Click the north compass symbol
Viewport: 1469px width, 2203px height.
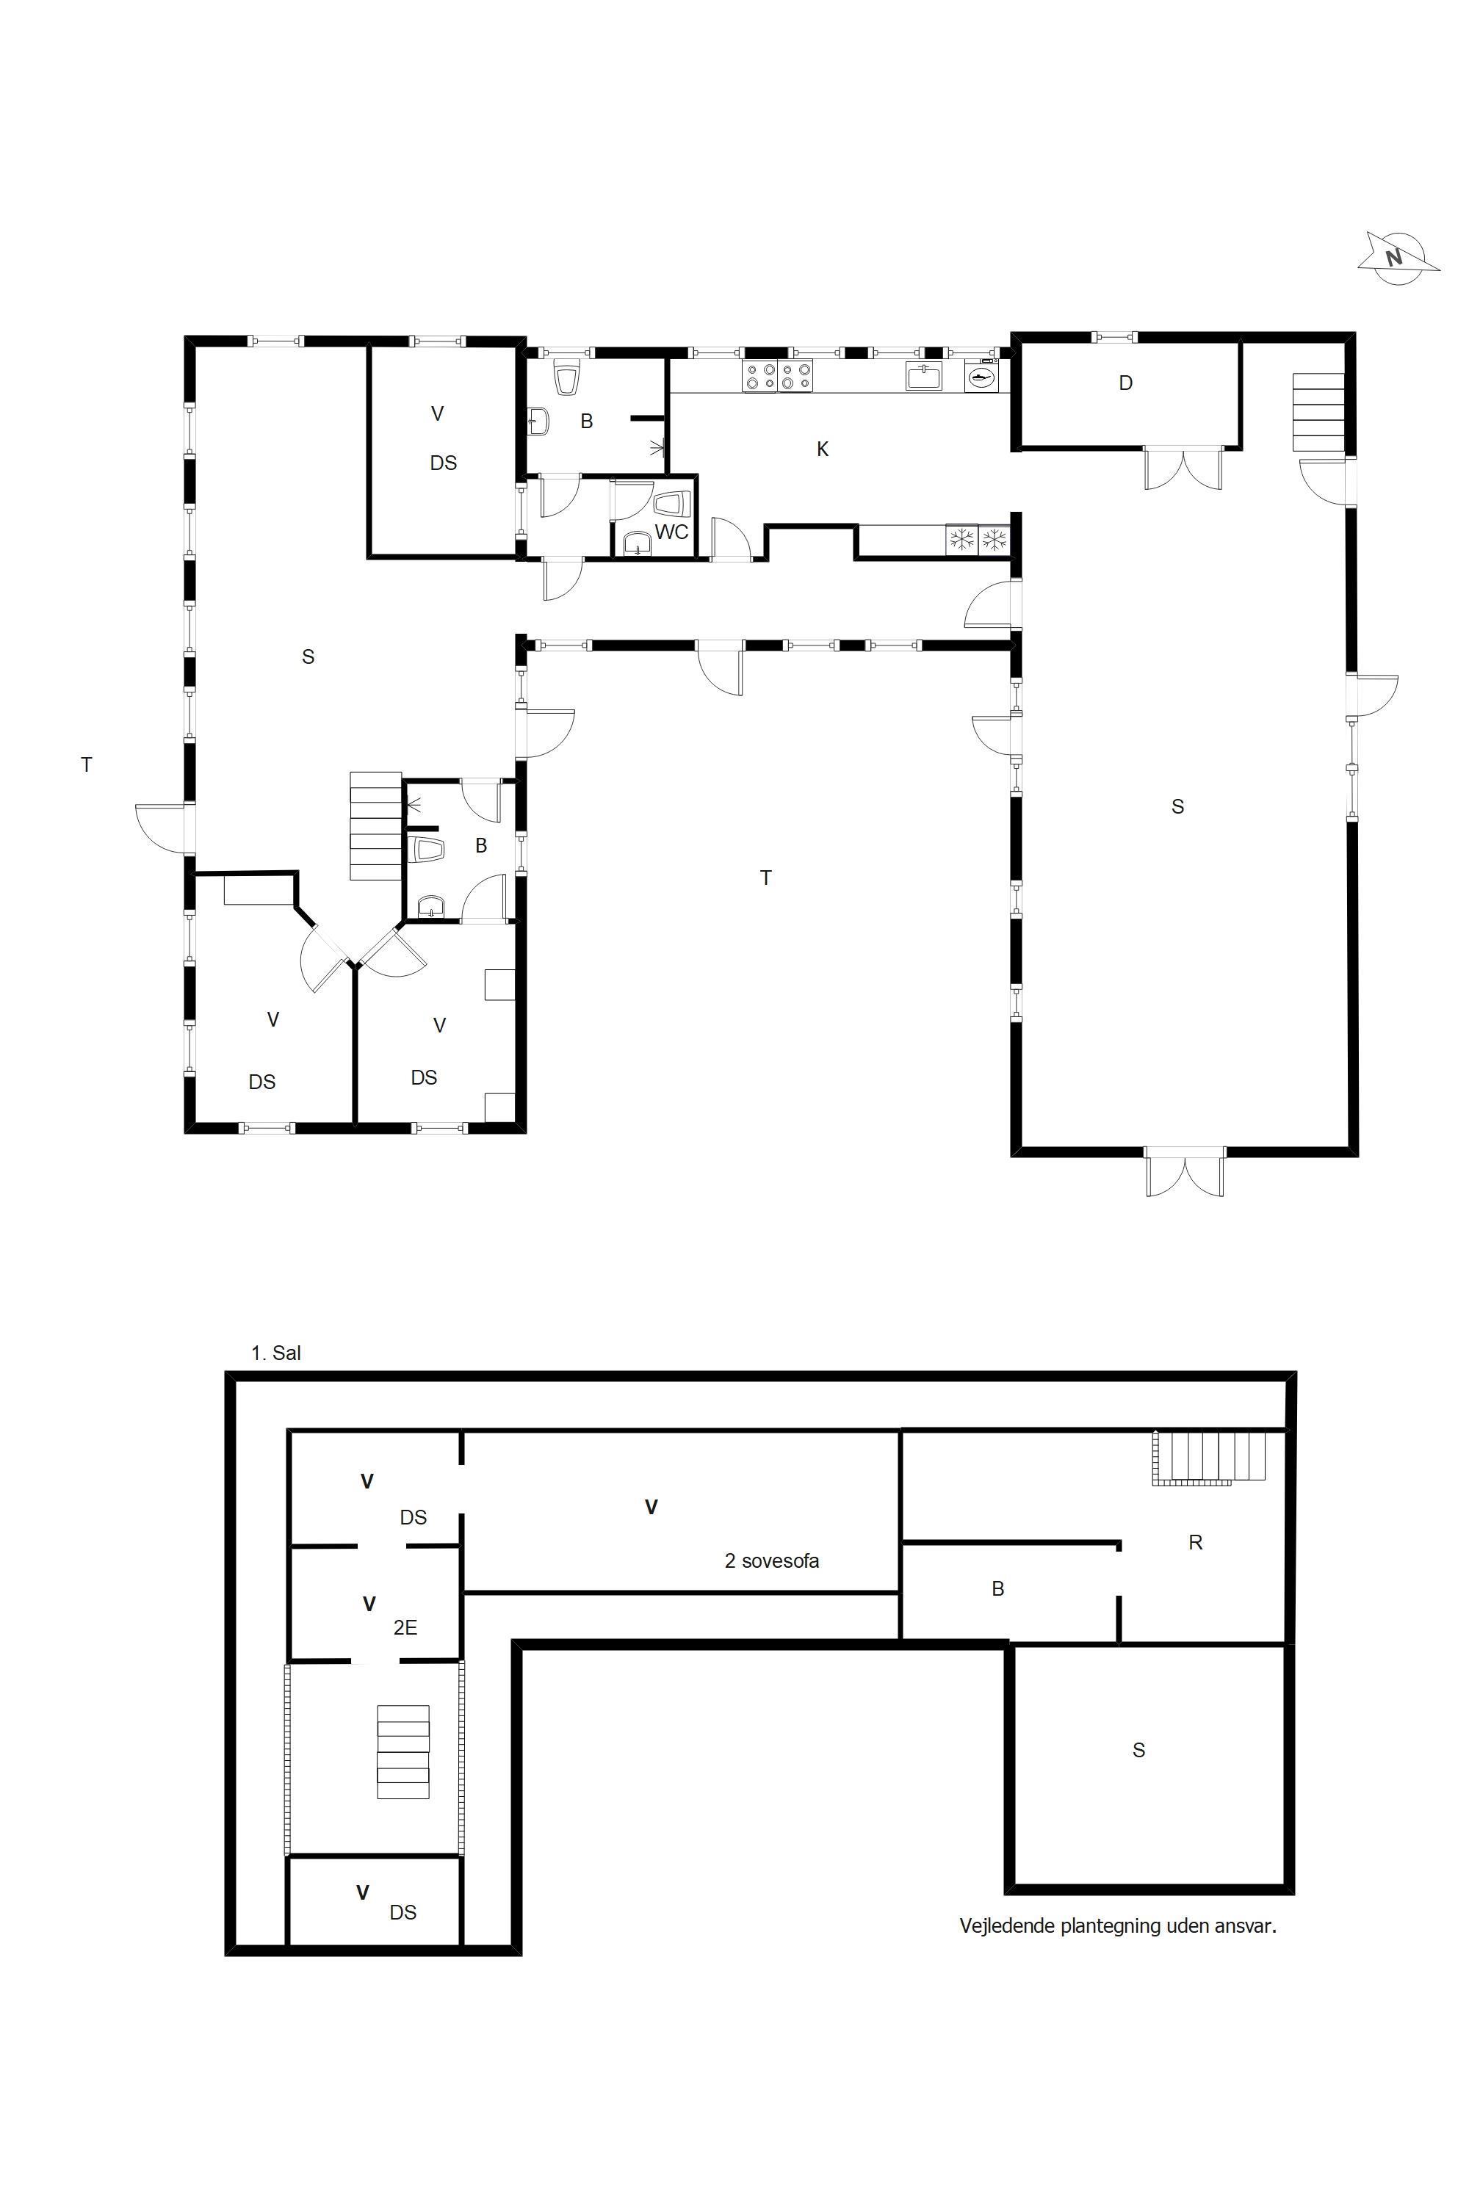(1398, 258)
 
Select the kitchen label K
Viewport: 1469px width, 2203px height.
(823, 449)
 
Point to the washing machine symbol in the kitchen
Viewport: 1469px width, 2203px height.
(981, 377)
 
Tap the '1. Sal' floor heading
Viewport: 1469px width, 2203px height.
(276, 1353)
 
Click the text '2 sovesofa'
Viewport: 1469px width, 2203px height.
(772, 1561)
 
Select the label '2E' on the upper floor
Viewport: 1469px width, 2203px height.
(405, 1628)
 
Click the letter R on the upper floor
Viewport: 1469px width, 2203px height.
(1196, 1543)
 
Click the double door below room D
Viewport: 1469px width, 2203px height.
(1184, 469)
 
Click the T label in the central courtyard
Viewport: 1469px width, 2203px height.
(766, 878)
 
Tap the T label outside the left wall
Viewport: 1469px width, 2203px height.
(86, 765)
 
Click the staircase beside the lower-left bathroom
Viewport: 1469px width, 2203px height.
(375, 825)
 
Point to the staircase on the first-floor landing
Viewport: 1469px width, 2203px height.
(403, 1751)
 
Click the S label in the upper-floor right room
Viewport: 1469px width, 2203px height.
(1139, 1750)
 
